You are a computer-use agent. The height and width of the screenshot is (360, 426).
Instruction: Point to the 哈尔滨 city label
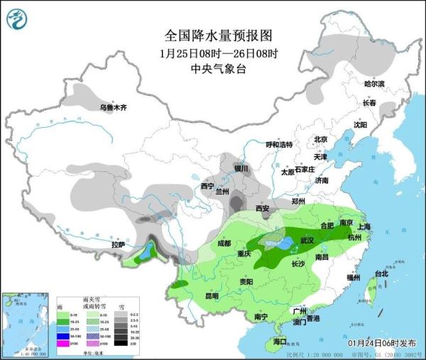pos(374,84)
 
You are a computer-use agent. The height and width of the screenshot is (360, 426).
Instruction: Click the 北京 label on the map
pos(321,140)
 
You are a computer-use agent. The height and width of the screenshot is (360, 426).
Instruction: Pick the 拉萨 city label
pos(118,245)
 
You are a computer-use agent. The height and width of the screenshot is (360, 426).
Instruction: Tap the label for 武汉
pos(307,241)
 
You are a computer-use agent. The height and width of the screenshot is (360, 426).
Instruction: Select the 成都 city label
pos(224,244)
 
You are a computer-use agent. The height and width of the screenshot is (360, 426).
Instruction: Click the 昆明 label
pos(212,295)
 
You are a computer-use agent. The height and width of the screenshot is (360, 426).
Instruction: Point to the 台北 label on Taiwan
pos(381,273)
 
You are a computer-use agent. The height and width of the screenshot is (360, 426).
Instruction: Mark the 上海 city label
pos(365,227)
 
